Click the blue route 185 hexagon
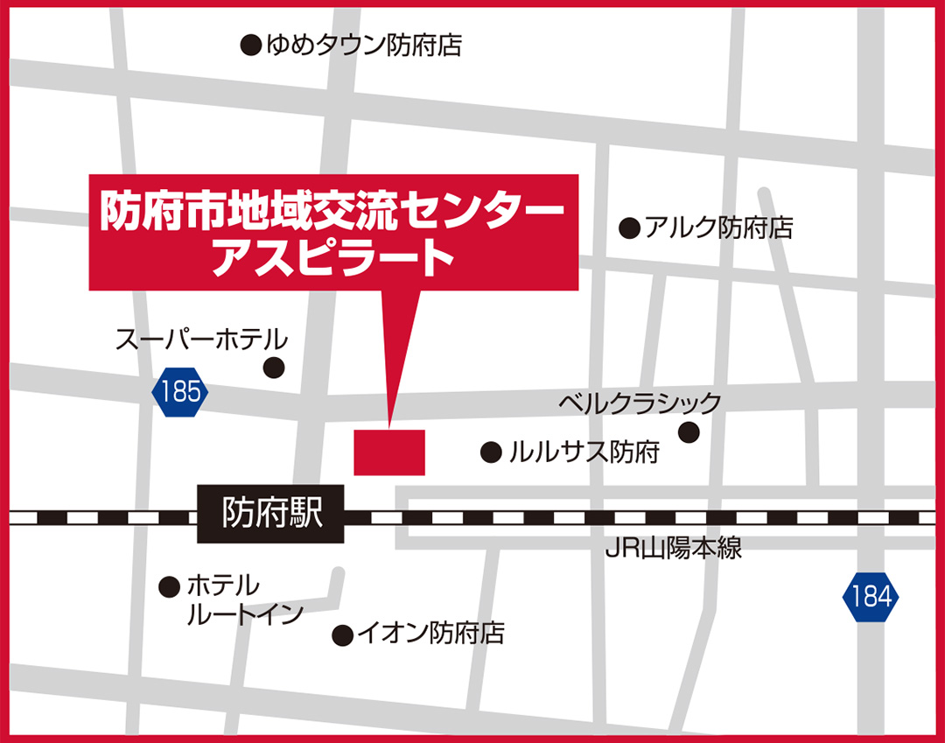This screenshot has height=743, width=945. pos(181,391)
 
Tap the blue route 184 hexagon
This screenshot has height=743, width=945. pos(871,597)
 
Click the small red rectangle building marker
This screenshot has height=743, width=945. pos(389,452)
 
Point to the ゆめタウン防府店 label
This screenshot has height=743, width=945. pos(363,45)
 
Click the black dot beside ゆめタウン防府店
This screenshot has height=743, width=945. pos(251,45)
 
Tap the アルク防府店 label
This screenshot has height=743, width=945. pos(718,228)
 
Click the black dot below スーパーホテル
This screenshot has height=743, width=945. pos(275,368)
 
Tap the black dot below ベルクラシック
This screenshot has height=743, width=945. pos(689,432)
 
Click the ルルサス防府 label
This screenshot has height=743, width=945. pos(583,452)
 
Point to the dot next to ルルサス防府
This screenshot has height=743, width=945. pos(491,452)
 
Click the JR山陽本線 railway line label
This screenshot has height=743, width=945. pos(673,550)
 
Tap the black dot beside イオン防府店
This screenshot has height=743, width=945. pos(343,634)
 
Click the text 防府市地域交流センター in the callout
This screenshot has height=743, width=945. pos(333,210)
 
